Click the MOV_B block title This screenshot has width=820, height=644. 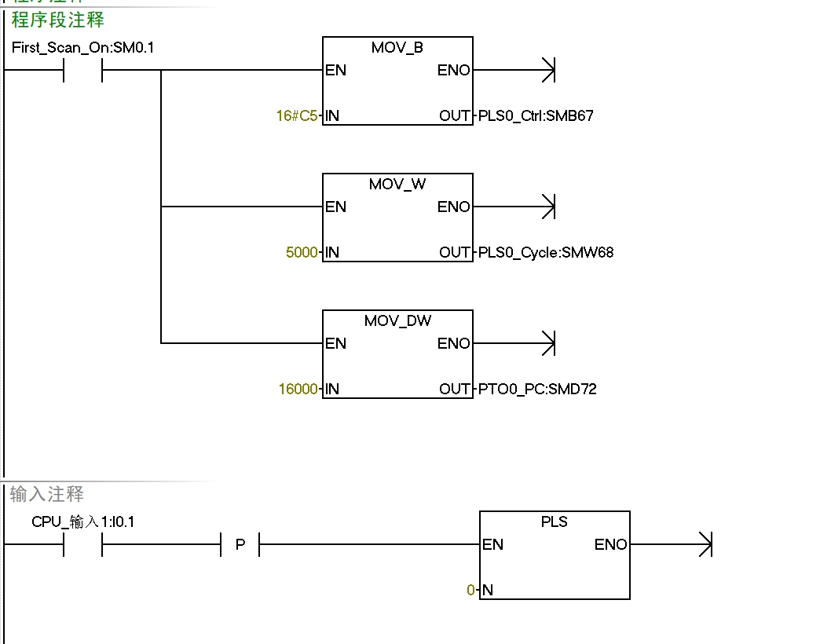397,48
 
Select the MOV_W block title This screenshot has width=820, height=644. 397,185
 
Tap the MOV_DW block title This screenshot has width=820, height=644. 397,321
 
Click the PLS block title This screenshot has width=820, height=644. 555,522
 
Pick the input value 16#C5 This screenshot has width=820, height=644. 297,116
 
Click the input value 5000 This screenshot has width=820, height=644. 302,253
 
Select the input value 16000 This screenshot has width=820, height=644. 298,390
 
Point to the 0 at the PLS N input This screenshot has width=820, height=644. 470,591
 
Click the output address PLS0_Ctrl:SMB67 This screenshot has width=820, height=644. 536,116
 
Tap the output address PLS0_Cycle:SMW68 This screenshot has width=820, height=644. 546,253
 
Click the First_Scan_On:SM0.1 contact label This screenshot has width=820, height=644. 83,48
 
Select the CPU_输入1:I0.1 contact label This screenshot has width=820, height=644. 83,522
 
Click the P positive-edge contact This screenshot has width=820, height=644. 240,545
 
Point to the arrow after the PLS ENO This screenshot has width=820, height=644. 705,544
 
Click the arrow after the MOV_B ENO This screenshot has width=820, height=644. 548,70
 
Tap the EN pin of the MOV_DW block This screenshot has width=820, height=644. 336,344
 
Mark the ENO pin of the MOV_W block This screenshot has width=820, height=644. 453,207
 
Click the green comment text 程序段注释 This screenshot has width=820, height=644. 58,20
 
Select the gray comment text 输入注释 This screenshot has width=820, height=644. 47,495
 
